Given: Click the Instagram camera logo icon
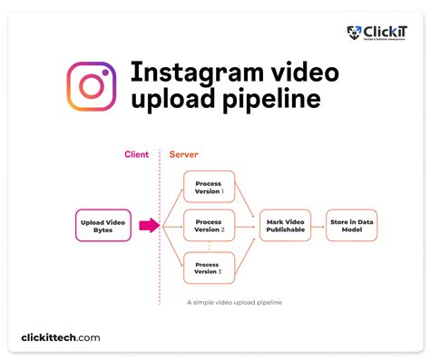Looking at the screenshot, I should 91,87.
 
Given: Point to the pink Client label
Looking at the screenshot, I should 137,154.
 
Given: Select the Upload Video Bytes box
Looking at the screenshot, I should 103,225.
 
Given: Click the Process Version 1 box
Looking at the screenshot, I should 209,187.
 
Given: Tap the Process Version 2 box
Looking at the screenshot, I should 209,225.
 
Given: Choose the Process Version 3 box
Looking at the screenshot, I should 209,268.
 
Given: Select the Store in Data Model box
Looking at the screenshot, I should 351,225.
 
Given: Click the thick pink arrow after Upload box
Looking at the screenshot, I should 148,225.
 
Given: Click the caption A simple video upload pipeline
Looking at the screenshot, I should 233,302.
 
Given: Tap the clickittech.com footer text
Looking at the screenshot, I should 61,337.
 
